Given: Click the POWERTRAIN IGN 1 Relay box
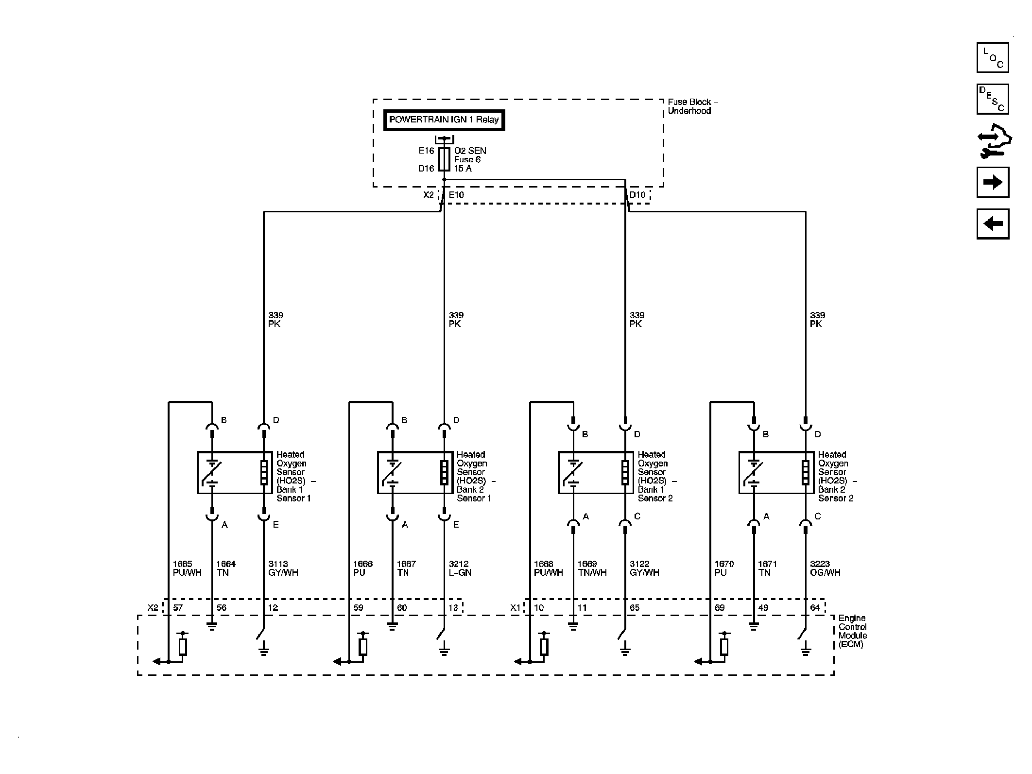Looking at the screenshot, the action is (x=444, y=120).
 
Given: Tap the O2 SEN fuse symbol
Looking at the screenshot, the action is (x=444, y=159).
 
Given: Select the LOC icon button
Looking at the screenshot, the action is (x=993, y=57).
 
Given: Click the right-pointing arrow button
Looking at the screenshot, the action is (x=993, y=182).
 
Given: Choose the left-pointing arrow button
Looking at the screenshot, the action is (x=993, y=224).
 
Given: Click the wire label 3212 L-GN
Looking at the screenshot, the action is (x=460, y=568).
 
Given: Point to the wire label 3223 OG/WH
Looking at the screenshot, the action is (x=825, y=568).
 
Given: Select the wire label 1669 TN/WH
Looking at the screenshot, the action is (x=592, y=568).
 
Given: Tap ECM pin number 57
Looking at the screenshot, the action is (x=178, y=607).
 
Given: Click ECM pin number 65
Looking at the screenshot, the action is (x=635, y=607).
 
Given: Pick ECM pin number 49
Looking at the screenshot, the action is (x=763, y=607).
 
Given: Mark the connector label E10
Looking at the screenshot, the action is (x=456, y=195).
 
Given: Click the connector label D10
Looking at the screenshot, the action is (x=637, y=195).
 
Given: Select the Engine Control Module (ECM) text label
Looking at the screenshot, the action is (x=853, y=631).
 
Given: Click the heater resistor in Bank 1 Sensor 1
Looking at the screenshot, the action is (x=264, y=472).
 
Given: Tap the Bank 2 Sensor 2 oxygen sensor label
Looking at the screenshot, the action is (x=837, y=476).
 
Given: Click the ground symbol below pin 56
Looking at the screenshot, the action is (x=212, y=626).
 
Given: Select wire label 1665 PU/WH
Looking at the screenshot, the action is (x=187, y=568).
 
